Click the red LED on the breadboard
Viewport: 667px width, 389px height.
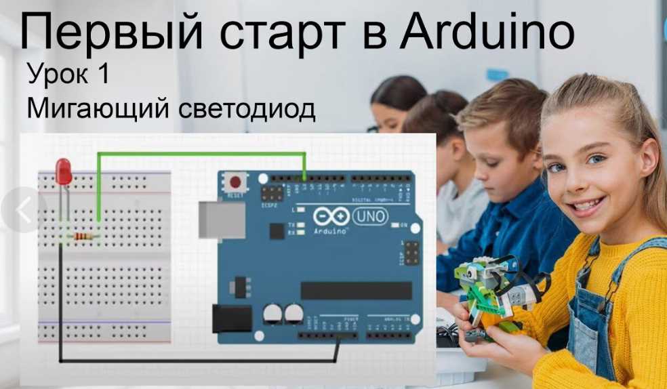click(x=63, y=172)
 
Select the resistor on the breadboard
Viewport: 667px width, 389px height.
click(x=83, y=237)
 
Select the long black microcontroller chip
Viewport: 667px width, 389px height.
click(x=356, y=290)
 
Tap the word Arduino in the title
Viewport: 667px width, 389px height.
click(x=487, y=34)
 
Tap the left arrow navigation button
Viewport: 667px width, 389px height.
click(x=24, y=211)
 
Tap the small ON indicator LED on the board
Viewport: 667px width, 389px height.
click(x=395, y=225)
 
